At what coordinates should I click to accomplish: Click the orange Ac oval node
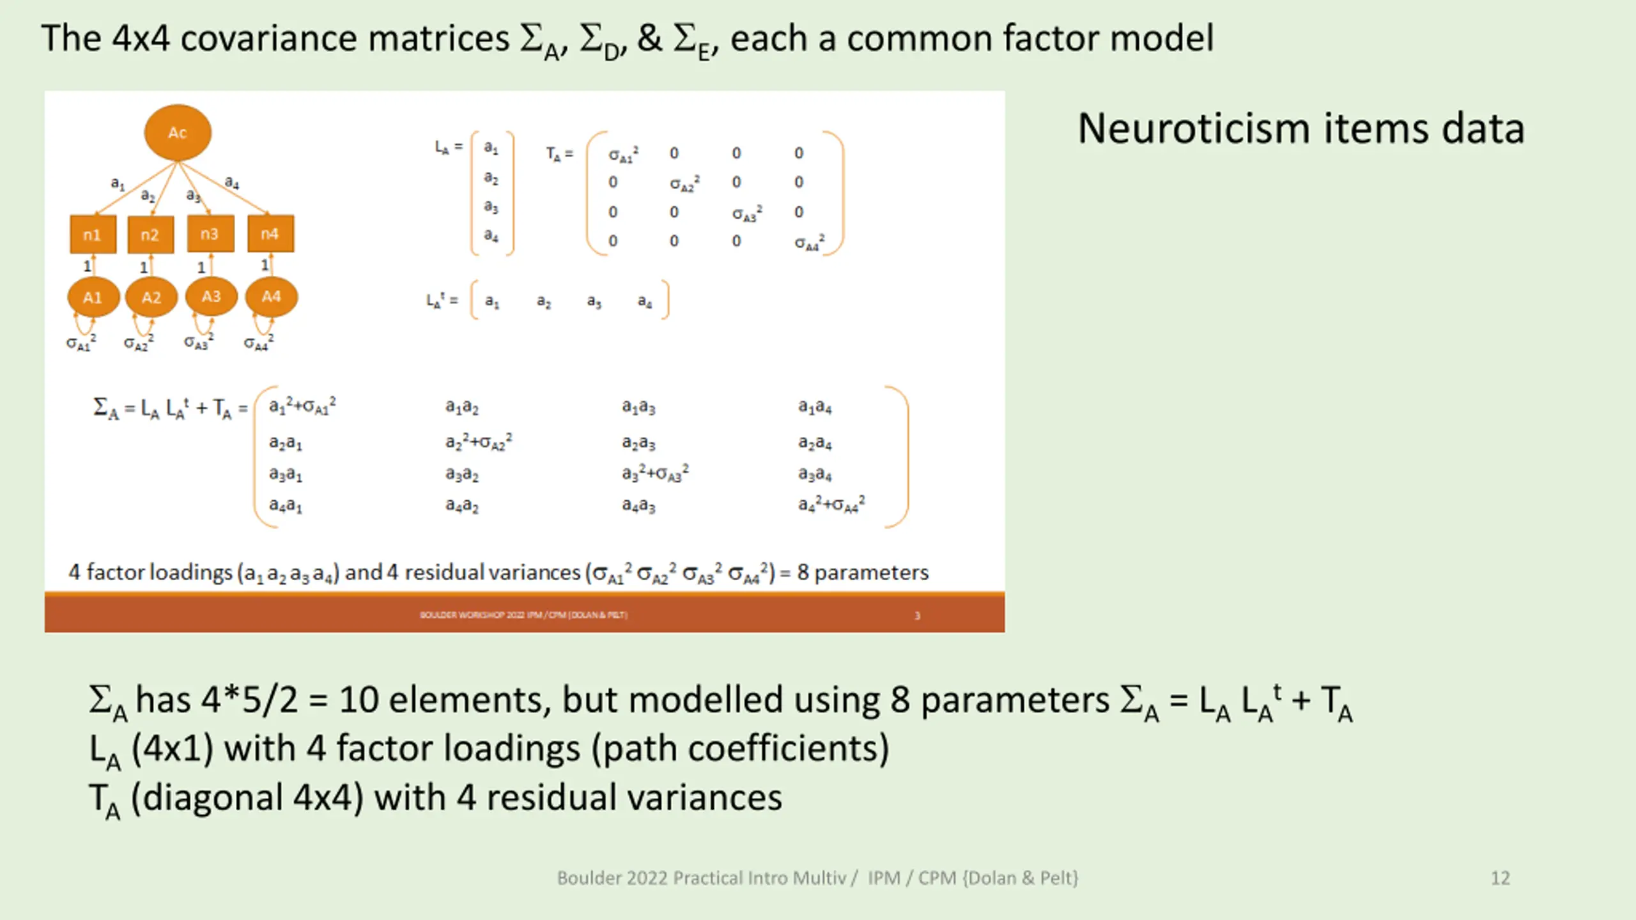click(x=178, y=133)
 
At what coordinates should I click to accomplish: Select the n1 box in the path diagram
click(x=93, y=234)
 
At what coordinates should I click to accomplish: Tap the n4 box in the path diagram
click(x=270, y=234)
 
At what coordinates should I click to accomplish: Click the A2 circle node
click(x=151, y=297)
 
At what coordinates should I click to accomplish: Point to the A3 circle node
click(x=211, y=296)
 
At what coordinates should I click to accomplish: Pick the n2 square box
click(x=150, y=234)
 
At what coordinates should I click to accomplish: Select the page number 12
click(x=1500, y=878)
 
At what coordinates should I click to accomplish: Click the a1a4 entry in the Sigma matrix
click(x=815, y=407)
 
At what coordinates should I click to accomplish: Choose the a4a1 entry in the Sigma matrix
click(x=286, y=506)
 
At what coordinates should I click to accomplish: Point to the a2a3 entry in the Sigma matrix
click(x=638, y=443)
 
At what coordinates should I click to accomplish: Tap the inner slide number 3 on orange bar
click(x=917, y=616)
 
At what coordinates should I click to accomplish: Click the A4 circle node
click(x=271, y=296)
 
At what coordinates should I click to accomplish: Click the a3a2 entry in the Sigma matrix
click(x=462, y=475)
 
